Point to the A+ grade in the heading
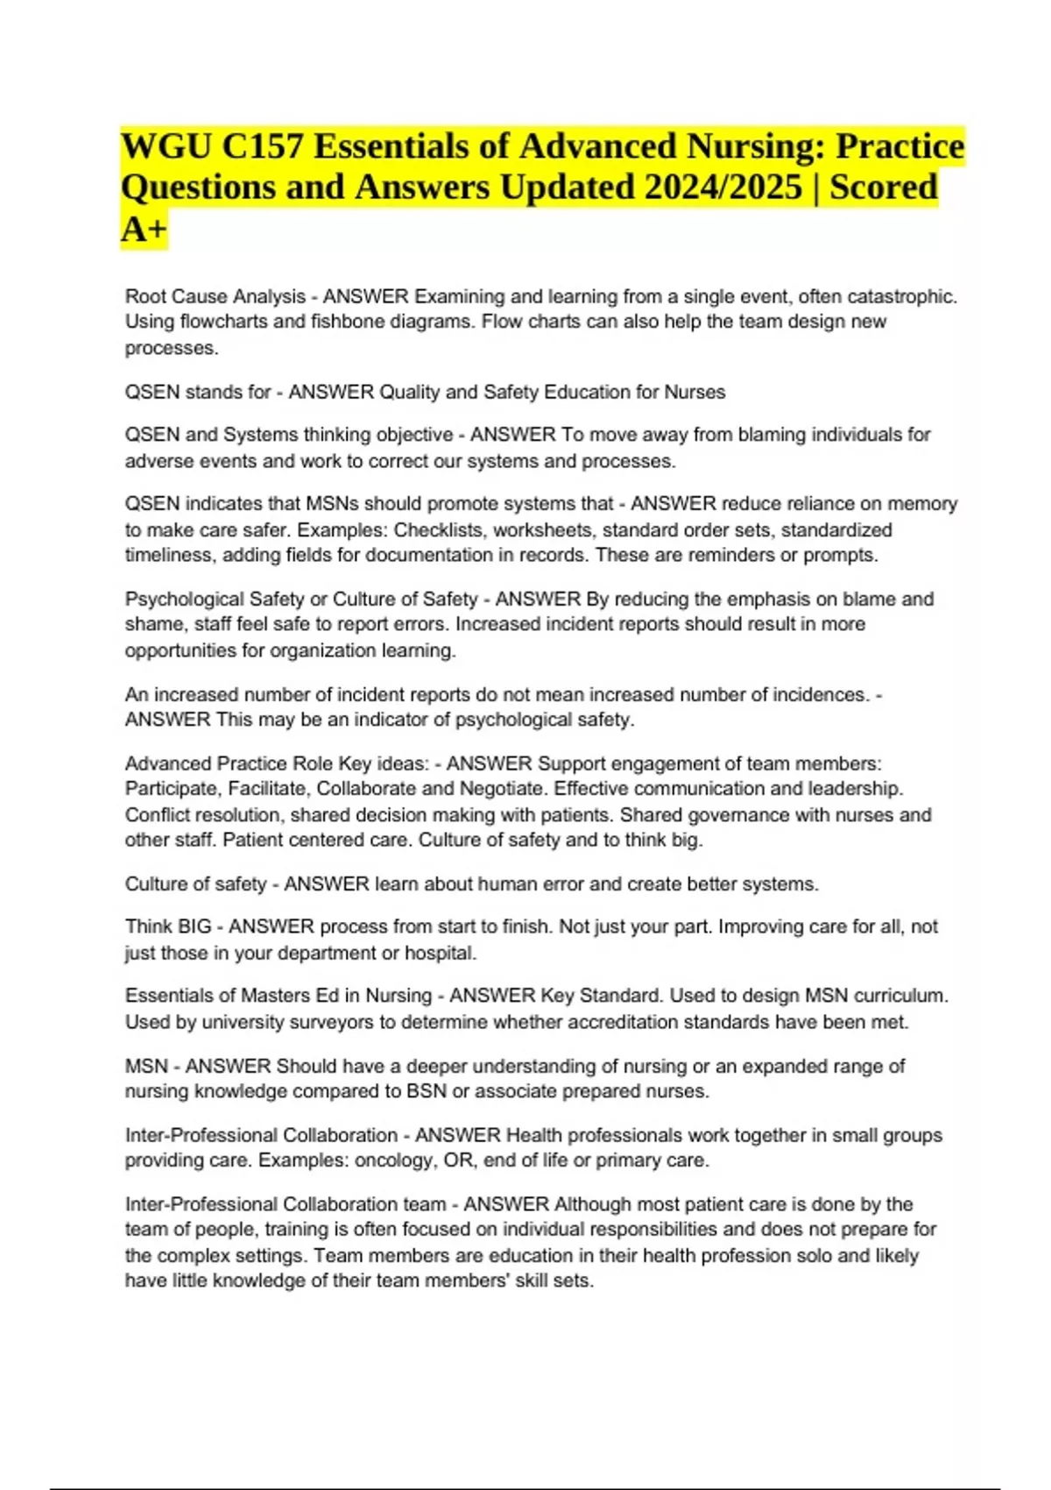[x=144, y=230]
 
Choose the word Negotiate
[x=502, y=789]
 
